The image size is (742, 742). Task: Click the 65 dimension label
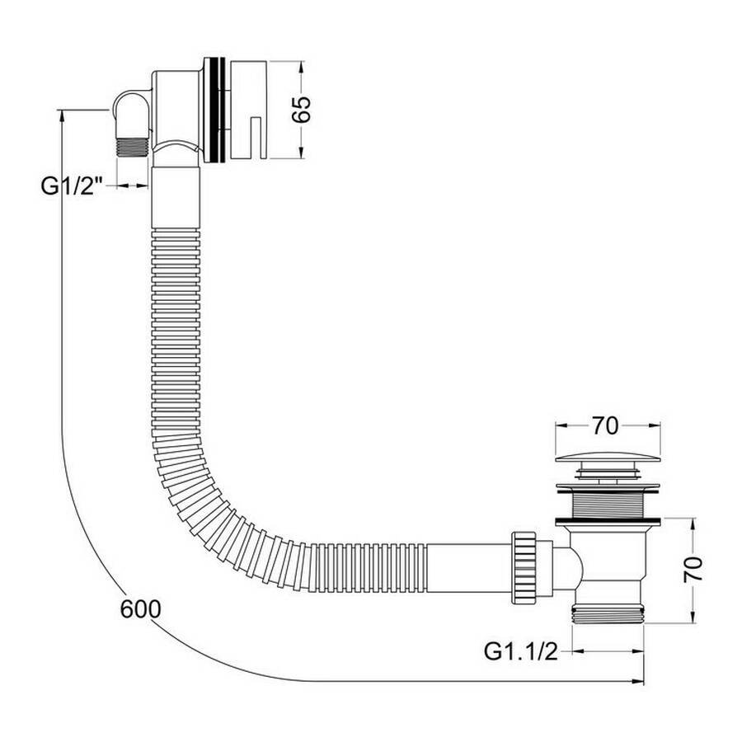point(301,110)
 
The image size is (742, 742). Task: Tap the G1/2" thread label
point(72,186)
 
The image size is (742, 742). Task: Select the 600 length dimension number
point(140,609)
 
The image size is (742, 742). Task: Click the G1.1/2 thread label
point(520,651)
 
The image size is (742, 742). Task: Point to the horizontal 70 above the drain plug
point(605,426)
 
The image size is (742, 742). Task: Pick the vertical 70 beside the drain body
point(693,570)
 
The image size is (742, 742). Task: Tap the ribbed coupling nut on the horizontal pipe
point(523,567)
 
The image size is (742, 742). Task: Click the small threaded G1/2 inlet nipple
point(133,147)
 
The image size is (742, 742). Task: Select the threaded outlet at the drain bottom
point(608,613)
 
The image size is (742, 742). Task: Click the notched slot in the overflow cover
point(256,137)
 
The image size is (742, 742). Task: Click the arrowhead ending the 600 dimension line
point(638,681)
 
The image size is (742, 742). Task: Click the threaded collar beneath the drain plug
point(608,505)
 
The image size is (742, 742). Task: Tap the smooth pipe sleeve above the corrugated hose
point(176,197)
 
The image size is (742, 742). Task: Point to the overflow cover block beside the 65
point(248,110)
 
